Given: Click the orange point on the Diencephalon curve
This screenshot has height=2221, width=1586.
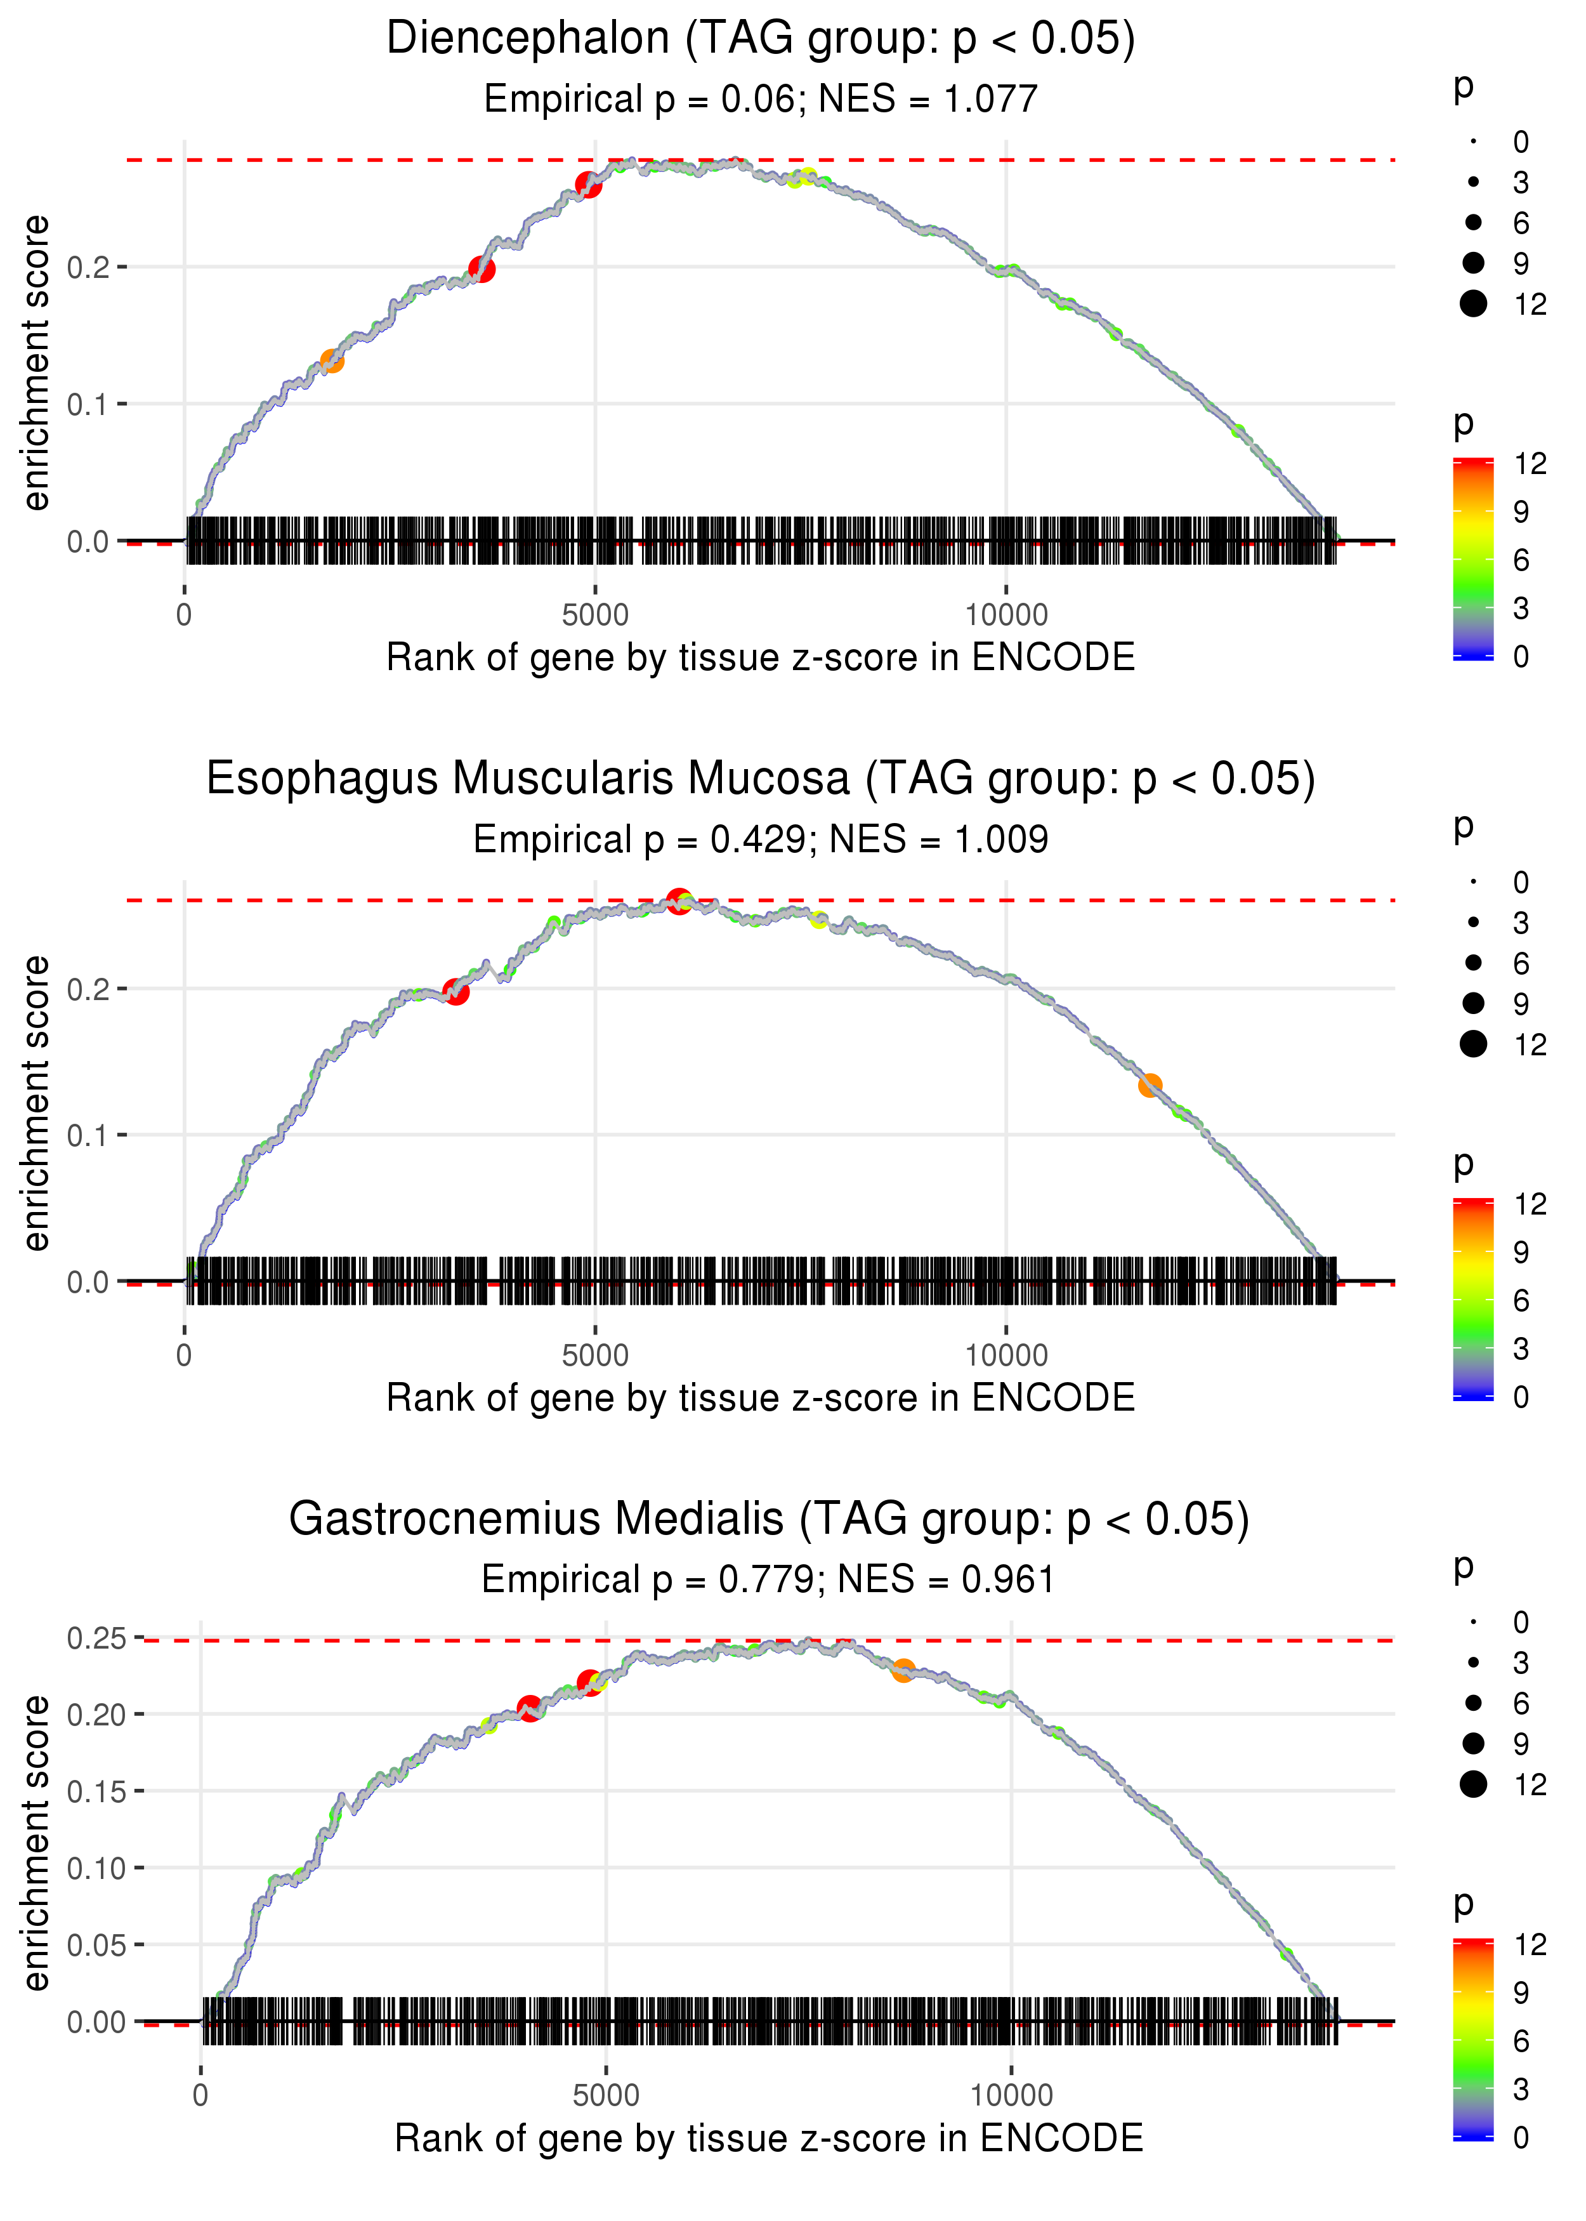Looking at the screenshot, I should coord(332,361).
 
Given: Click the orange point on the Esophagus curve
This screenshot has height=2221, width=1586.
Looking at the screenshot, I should coord(1150,1085).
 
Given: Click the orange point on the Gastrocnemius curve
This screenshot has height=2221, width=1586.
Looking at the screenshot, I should coord(903,1671).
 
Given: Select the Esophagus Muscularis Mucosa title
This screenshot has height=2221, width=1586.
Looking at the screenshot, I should coord(761,779).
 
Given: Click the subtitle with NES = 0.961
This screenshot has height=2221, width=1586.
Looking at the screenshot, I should coord(769,1580).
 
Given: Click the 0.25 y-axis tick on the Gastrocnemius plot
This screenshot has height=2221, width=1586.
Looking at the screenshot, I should coord(96,1638).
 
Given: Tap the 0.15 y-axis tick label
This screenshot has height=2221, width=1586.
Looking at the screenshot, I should coord(96,1791).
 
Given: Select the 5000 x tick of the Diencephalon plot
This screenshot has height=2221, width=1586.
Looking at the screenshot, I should coord(595,616).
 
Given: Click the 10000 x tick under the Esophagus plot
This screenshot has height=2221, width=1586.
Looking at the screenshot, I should coord(1006,1355).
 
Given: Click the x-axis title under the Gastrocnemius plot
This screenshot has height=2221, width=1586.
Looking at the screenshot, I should coord(769,2139).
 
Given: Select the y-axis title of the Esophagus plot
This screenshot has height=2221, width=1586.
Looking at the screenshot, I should coord(36,1104).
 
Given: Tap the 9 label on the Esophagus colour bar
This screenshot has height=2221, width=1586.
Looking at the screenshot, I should coord(1521,1252).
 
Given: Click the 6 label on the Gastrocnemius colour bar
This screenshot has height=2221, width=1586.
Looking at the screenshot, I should coord(1521,2040).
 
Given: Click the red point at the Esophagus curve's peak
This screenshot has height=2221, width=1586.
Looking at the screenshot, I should coord(679,900).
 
